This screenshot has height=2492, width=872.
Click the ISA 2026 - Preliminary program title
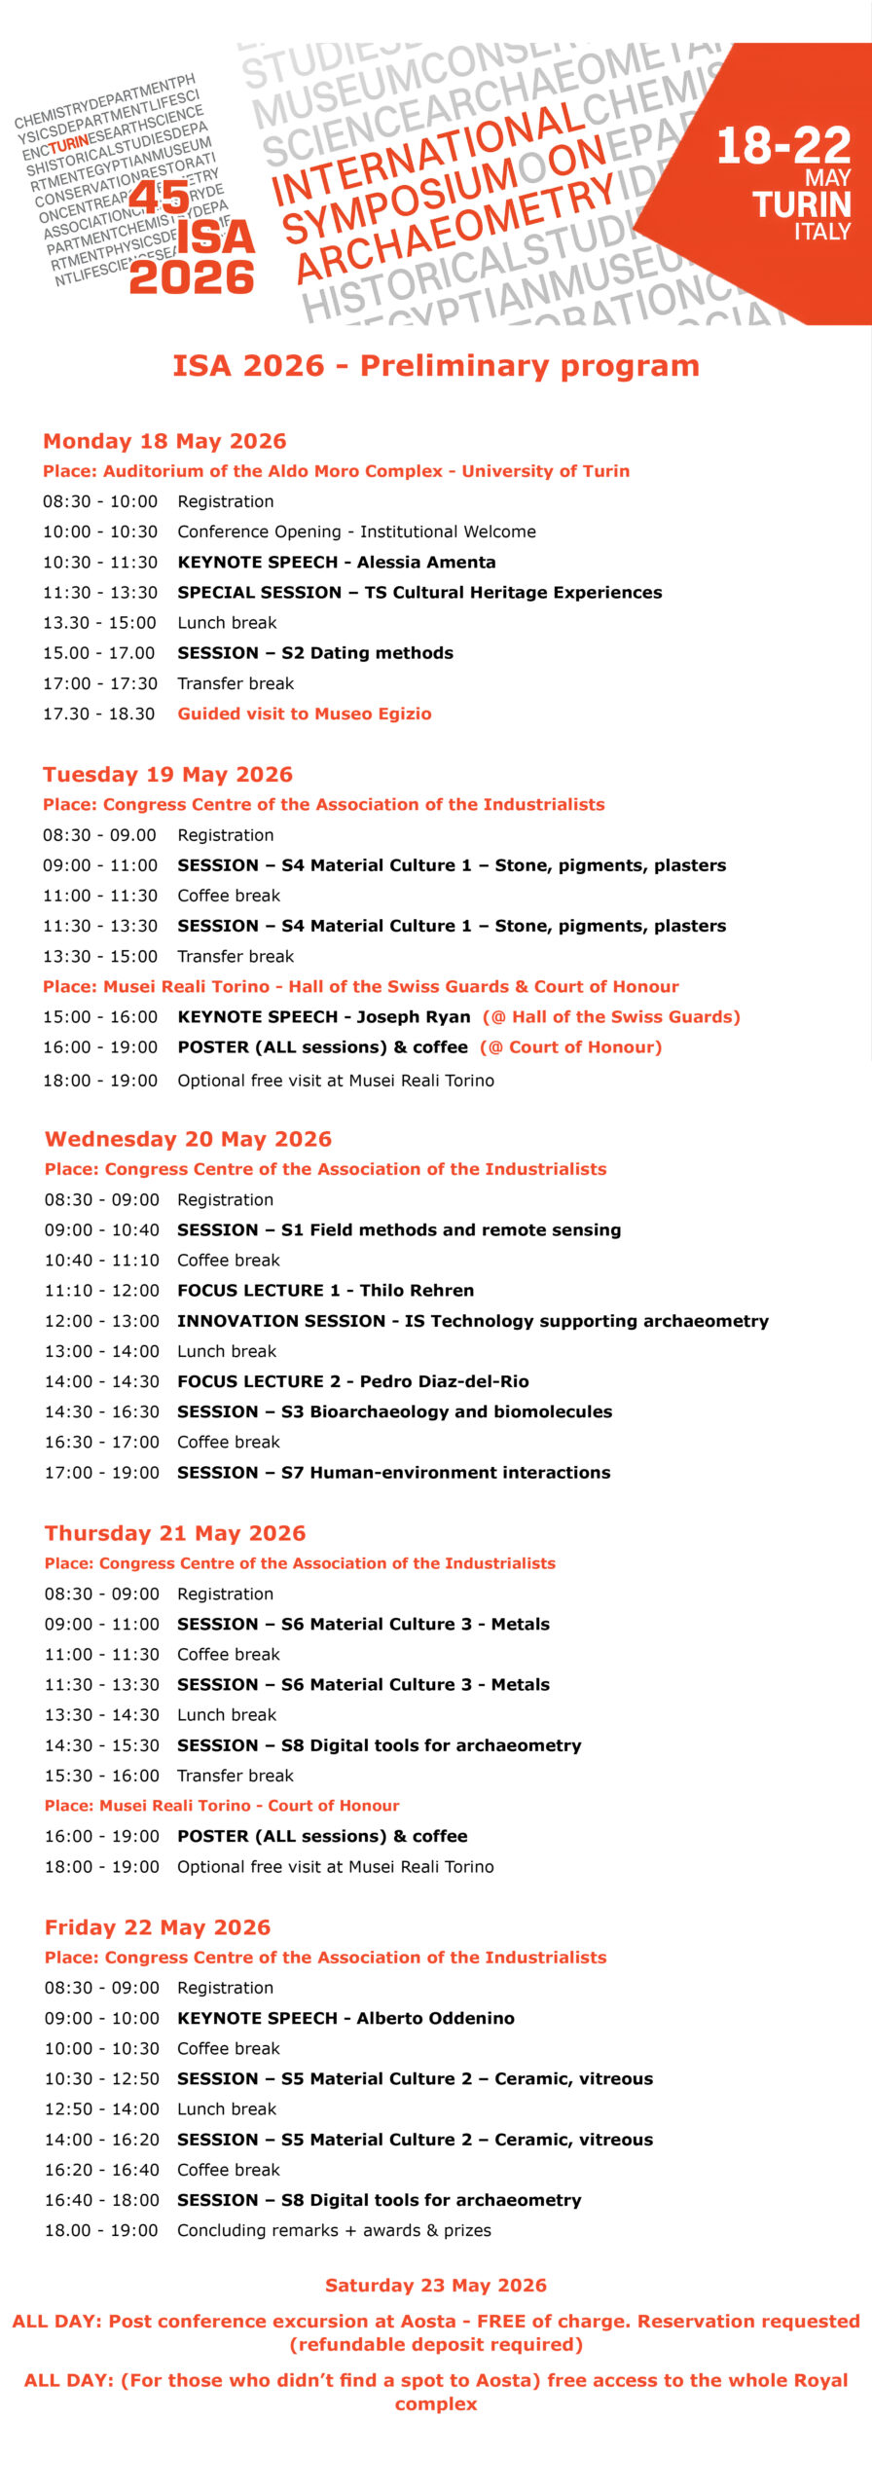pos(436,366)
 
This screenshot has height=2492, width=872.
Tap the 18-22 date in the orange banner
pos(783,147)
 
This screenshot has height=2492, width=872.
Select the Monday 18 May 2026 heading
pos(164,441)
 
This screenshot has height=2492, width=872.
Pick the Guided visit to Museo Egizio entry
pos(304,714)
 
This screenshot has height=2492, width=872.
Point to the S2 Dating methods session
pos(367,653)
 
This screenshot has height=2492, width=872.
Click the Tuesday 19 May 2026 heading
pos(167,774)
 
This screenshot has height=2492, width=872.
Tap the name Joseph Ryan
pos(414,1016)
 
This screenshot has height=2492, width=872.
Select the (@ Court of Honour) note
pos(570,1047)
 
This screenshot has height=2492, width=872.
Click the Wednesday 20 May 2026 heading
pos(188,1139)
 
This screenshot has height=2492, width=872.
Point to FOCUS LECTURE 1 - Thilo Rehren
pos(325,1290)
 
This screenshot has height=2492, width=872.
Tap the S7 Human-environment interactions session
pos(446,1472)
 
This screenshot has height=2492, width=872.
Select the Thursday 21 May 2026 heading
pos(175,1533)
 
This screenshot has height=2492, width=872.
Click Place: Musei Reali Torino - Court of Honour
pos(222,1806)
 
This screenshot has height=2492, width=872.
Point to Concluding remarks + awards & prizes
pos(334,2230)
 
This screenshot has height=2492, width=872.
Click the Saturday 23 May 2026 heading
pos(436,2285)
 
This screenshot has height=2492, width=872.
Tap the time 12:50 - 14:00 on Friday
pos(101,2108)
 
